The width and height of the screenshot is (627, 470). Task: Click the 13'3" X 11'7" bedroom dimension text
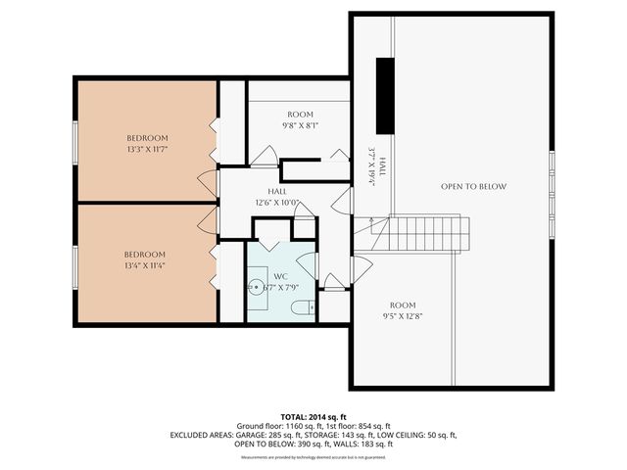[147, 150]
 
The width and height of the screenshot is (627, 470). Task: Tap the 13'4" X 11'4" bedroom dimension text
[145, 266]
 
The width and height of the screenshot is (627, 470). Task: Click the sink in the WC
[256, 288]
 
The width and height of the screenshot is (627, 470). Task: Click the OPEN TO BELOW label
[473, 186]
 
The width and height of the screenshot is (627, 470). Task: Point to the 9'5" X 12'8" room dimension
[403, 316]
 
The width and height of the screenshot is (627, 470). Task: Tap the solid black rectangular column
[386, 95]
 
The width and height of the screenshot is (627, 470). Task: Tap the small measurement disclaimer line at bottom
[313, 457]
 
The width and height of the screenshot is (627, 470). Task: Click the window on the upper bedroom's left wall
[74, 141]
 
